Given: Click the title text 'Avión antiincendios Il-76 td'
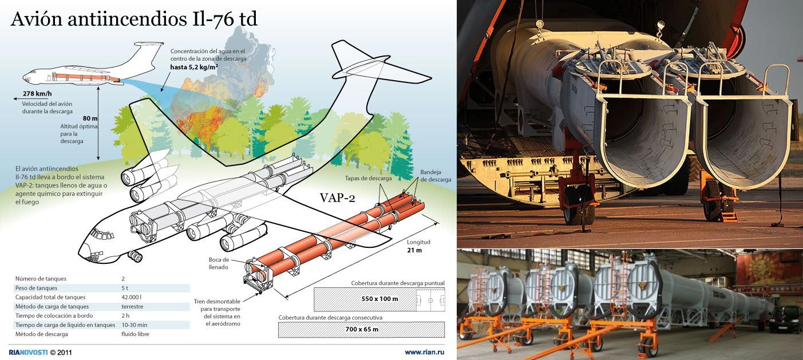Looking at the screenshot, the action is (134, 19).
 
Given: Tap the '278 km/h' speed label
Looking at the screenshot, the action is (37, 94).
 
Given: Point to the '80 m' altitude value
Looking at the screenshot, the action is (90, 118).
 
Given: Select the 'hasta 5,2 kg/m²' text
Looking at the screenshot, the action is (194, 67).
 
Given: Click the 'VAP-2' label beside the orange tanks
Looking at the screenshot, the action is (337, 197).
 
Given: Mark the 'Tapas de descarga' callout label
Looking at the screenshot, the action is (368, 178).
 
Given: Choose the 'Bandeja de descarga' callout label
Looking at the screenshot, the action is (436, 176).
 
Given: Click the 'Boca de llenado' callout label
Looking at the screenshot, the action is (219, 263).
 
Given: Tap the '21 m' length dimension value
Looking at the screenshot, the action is (414, 250).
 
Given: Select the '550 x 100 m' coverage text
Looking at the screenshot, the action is (379, 299).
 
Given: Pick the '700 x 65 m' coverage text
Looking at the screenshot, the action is (362, 329).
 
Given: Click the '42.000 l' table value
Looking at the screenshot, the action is (131, 297).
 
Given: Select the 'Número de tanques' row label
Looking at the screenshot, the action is (41, 279).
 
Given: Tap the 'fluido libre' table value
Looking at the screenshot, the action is (135, 334).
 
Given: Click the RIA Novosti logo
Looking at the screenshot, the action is (28, 353).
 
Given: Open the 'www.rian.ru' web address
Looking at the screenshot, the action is (425, 352).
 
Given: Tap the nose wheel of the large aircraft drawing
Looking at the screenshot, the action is (136, 256).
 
